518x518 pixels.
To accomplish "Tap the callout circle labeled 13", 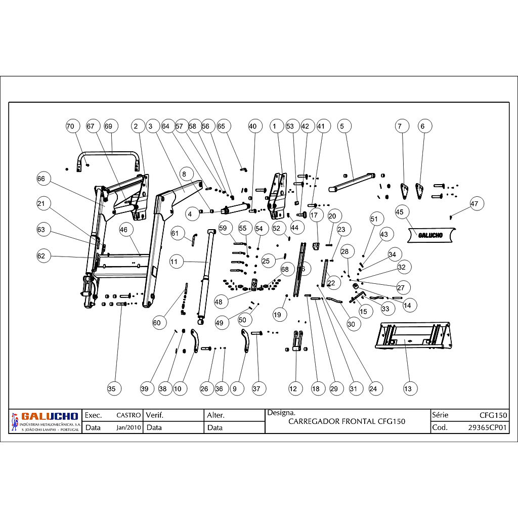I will point(408,388).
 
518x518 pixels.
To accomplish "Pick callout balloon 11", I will point(175,262).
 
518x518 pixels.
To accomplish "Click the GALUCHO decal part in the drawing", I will point(430,235).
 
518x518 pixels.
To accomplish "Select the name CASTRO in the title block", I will point(128,415).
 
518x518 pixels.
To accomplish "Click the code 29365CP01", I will point(487,427).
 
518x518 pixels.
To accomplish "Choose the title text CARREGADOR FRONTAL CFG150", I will point(347,421).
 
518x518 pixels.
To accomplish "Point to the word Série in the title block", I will point(440,415).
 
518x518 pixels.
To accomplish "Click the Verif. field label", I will point(156,415).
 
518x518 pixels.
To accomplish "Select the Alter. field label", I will point(215,415).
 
